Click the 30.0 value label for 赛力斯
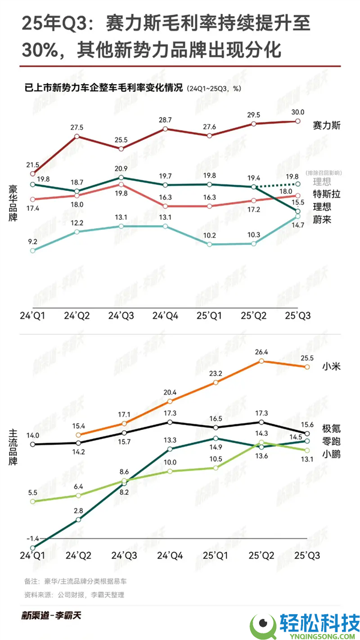click(x=298, y=112)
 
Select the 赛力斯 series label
click(x=327, y=125)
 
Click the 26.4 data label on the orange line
click(x=262, y=352)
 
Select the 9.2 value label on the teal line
click(x=32, y=241)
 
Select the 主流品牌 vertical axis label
click(x=13, y=447)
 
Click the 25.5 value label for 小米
click(x=307, y=358)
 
